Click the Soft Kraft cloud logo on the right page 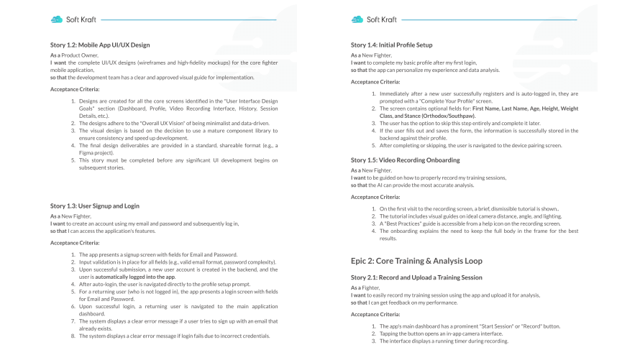coord(357,19)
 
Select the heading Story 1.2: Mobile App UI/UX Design coord(100,45)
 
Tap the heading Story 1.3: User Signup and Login coord(95,206)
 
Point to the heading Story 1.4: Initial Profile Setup coord(391,45)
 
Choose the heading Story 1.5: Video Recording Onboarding coord(404,159)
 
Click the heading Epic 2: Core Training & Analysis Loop coord(416,260)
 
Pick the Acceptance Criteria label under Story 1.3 coord(75,242)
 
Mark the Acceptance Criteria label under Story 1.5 coord(375,195)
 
